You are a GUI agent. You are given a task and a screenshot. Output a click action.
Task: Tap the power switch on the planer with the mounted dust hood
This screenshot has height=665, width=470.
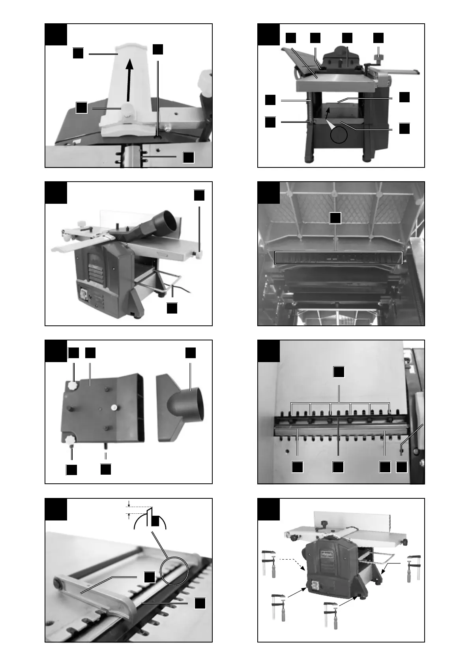tap(84, 295)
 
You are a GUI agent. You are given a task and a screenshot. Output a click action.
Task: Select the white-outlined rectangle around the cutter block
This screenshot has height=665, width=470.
tap(338, 257)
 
